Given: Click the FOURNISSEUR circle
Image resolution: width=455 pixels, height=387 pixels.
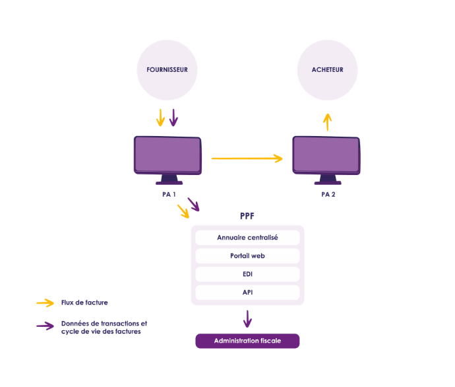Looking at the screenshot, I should tap(167, 70).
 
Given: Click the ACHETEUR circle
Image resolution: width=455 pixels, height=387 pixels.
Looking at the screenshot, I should tap(328, 70).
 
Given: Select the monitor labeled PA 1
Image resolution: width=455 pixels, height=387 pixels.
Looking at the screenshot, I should tap(167, 156).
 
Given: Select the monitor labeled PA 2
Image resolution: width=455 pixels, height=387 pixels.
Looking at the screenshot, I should tap(326, 156).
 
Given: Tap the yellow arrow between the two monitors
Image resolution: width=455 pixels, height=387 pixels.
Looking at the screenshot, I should tap(247, 158).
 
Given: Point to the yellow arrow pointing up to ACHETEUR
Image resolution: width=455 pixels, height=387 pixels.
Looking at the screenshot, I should tap(328, 122).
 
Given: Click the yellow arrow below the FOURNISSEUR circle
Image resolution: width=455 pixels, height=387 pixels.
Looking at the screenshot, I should tap(160, 118).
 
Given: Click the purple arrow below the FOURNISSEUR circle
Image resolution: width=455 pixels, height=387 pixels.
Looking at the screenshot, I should tap(173, 118).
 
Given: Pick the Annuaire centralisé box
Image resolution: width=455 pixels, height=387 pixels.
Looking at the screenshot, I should tap(247, 238).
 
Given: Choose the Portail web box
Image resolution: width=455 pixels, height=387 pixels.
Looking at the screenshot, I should tap(247, 256).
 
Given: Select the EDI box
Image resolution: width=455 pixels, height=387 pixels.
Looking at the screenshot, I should tap(247, 274).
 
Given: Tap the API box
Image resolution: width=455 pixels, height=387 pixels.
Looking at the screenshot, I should tap(247, 292).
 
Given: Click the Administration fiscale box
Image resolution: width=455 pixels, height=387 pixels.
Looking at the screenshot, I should tap(247, 341).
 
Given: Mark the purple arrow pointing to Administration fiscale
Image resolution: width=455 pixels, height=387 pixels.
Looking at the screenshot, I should tap(247, 319).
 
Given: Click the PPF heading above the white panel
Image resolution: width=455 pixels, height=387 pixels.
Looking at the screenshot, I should tap(247, 217).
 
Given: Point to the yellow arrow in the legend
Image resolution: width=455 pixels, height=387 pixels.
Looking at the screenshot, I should tap(45, 303).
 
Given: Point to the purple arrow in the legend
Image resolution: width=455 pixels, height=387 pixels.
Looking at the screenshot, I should tap(45, 326).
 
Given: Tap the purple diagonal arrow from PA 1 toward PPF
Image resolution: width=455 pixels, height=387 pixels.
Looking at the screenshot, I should tap(193, 204).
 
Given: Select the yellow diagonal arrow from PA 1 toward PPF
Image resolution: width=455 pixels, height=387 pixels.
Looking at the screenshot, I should tap(183, 212).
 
